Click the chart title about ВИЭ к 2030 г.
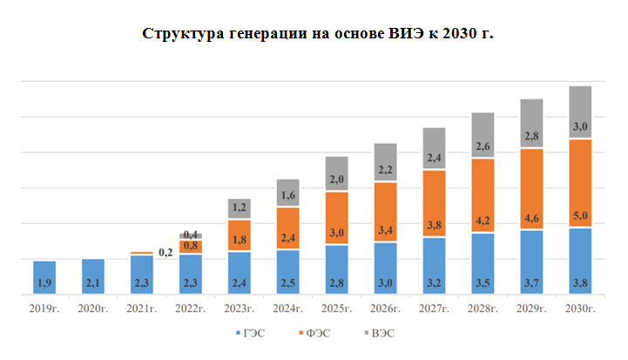pos(318,34)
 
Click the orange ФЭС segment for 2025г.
pos(336,218)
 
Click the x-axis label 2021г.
pos(142,309)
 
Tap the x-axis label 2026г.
pos(385,309)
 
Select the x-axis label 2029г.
pos(531,309)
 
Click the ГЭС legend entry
pos(253,333)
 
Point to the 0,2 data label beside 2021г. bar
pos(166,252)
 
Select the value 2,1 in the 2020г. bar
pos(93,283)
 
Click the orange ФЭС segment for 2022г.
pos(190,247)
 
